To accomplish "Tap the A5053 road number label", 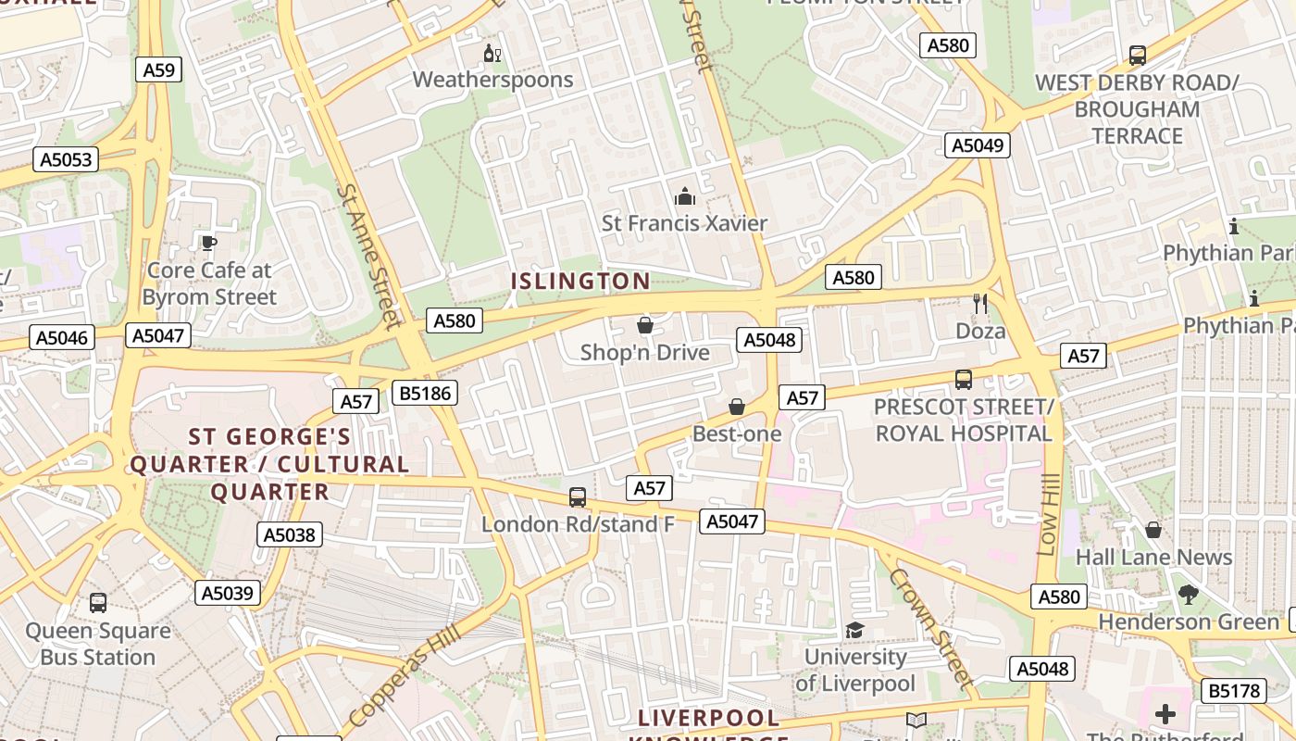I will point(66,159).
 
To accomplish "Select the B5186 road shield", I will point(425,393).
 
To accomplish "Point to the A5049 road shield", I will point(978,145).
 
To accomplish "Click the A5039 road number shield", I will point(228,593).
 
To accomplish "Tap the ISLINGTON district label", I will point(581,281).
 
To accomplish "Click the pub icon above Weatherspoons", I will point(492,53).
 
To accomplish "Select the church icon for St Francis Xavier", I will point(685,196).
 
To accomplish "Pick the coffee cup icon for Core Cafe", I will point(209,244).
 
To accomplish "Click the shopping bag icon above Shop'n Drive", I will point(645,325).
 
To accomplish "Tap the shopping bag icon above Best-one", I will point(737,407).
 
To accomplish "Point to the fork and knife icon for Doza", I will point(980,303).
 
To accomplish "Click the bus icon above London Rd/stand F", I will point(578,497).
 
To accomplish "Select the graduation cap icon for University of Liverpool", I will point(854,630).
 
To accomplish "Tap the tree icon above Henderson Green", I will point(1189,595).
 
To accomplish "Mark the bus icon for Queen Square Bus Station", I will point(98,603).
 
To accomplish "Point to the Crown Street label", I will point(932,628).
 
